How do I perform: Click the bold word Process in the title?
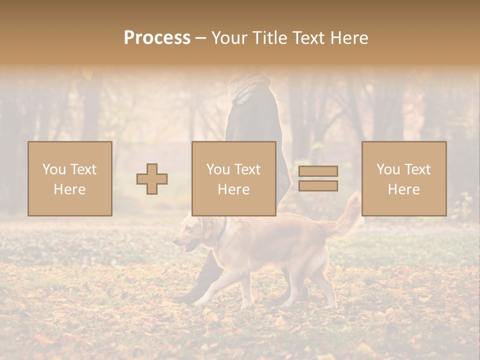click(157, 38)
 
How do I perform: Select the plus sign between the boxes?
click(152, 179)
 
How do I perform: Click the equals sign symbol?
click(318, 178)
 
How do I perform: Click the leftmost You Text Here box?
click(70, 178)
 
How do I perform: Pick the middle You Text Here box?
click(234, 178)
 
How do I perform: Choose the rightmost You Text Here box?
click(404, 178)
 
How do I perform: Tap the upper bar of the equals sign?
click(318, 171)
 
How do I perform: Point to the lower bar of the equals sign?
click(318, 185)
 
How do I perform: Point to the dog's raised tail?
click(348, 215)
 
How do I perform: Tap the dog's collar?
click(221, 229)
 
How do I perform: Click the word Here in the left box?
click(69, 189)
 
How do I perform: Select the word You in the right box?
click(387, 169)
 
